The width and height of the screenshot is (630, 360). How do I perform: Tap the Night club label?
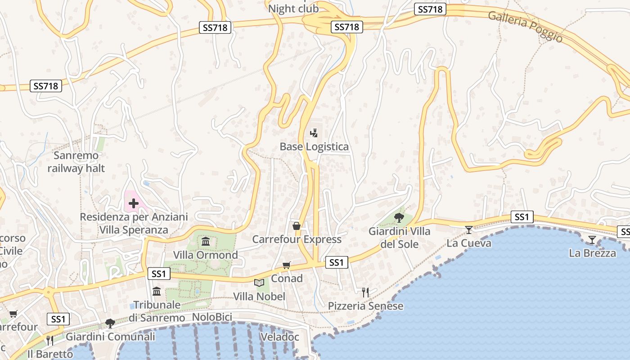[x=293, y=9]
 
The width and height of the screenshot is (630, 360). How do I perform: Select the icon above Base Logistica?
[x=314, y=133]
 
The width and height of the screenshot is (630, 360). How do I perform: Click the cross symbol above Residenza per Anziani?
[x=134, y=203]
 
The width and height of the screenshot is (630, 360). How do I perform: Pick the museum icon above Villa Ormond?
[x=206, y=242]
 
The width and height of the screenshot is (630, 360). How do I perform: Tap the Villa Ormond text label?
[x=206, y=255]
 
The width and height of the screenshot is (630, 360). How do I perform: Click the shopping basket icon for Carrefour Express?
[x=297, y=226]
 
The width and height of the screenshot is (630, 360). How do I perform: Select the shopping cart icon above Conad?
[x=287, y=265]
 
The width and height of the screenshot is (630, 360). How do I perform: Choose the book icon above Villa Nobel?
[x=259, y=283]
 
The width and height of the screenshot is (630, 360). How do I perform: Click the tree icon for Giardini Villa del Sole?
[x=399, y=218]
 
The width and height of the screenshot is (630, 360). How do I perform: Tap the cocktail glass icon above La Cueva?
[x=469, y=230]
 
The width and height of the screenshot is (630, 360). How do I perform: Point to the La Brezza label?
[x=592, y=253]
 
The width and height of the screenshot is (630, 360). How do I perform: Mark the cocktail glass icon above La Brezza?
[x=592, y=240]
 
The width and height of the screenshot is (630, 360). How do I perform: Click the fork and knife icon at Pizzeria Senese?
[x=365, y=292]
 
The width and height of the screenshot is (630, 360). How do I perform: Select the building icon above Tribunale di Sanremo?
[x=157, y=292]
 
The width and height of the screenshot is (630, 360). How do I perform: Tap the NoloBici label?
[x=211, y=317]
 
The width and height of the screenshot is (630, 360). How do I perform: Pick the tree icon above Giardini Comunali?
[x=110, y=323]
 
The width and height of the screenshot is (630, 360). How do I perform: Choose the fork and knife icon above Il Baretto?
[x=49, y=340]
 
